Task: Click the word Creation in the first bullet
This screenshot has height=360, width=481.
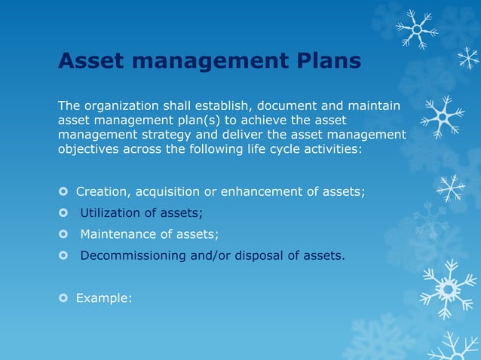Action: point(102,192)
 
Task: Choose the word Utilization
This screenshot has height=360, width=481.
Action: point(112,213)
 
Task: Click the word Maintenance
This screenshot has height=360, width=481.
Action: point(119,234)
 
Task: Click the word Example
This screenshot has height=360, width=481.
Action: point(103,298)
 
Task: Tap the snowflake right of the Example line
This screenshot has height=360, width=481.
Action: point(448,288)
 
